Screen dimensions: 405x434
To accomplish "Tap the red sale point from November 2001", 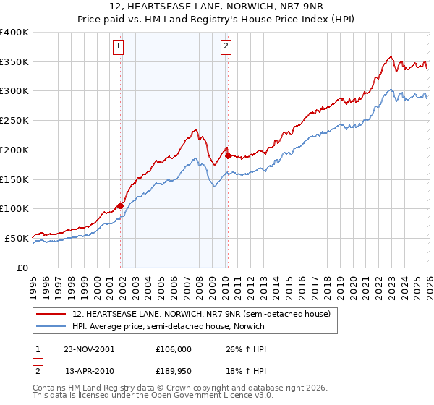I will pyautogui.click(x=120, y=205).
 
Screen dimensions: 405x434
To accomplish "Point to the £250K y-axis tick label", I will pyautogui.click(x=14, y=121).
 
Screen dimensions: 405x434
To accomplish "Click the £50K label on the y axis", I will pyautogui.click(x=17, y=238).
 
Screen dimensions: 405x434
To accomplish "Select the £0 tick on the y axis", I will pyautogui.click(x=23, y=268).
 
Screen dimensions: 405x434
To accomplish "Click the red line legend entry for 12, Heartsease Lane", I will pyautogui.click(x=201, y=314).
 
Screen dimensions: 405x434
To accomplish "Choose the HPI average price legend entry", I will pyautogui.click(x=169, y=326).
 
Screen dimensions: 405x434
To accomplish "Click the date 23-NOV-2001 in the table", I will pyautogui.click(x=89, y=349).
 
